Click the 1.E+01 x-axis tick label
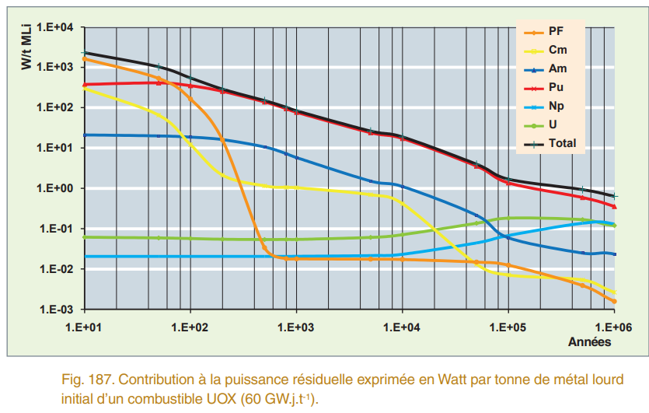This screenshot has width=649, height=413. tap(85, 327)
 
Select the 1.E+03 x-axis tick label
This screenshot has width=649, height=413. tap(296, 327)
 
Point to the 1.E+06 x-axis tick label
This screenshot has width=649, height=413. tap(614, 327)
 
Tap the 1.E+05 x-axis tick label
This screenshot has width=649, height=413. tap(508, 327)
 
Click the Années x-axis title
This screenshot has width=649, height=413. tap(589, 341)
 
